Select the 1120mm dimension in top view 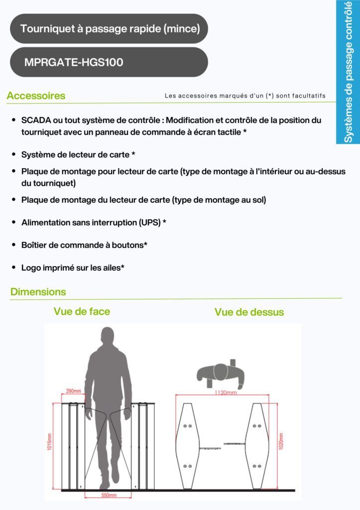222,392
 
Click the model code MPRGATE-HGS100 74,62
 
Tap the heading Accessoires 36,96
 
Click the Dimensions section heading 38,292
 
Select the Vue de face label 82,312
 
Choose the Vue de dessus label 249,312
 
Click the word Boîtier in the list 35,245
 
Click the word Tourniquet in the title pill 44,29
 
